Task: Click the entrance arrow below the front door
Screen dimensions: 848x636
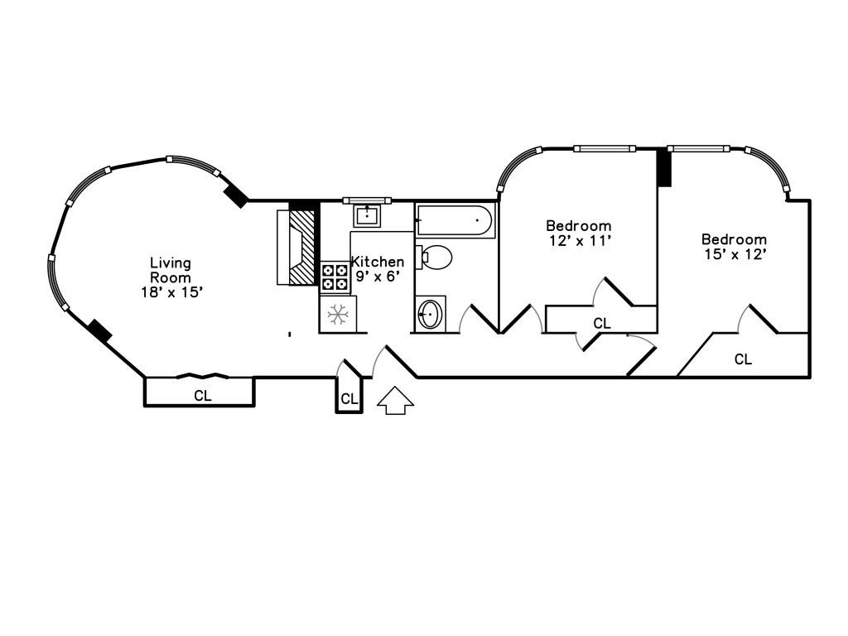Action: tap(395, 400)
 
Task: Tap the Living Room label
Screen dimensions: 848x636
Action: tap(171, 271)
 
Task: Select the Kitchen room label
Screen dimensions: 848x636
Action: tap(378, 262)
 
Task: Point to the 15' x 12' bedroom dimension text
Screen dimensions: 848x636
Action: tap(735, 254)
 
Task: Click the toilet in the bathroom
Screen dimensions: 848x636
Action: tap(434, 258)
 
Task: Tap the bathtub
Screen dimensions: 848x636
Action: tap(455, 220)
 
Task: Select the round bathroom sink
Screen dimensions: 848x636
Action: tap(431, 313)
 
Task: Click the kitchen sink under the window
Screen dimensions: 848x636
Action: tap(368, 216)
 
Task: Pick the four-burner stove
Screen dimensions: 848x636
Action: tap(335, 277)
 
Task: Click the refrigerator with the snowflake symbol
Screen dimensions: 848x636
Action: tap(338, 314)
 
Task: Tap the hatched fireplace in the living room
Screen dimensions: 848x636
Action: tap(301, 247)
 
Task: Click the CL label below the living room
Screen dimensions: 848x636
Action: tap(203, 396)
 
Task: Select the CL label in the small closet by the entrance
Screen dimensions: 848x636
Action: tap(349, 400)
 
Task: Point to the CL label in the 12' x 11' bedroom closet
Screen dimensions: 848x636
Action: tap(602, 324)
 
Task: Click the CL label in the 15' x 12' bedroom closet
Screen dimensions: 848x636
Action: tap(743, 359)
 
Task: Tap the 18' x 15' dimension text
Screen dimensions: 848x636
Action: tap(172, 292)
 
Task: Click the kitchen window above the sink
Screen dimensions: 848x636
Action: tap(367, 200)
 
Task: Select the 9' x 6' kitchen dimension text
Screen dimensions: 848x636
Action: tap(378, 277)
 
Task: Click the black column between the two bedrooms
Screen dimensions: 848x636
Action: tap(664, 168)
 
